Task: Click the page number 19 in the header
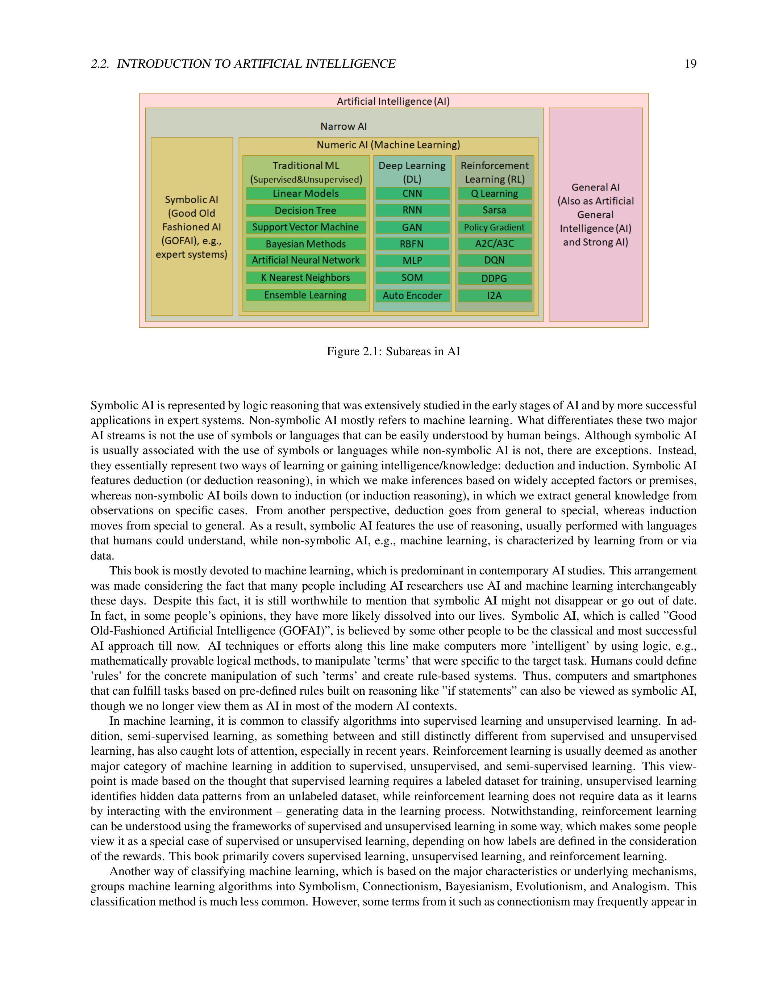[690, 64]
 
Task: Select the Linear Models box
[305, 193]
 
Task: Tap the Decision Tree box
[305, 210]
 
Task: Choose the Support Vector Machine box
[305, 227]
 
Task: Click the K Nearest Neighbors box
[305, 278]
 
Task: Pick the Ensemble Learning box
[305, 295]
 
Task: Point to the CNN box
[412, 193]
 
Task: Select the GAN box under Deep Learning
[412, 227]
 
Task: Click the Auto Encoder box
[412, 296]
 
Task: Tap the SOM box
[412, 278]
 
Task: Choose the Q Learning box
[495, 193]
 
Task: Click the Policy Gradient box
[495, 227]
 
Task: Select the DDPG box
[495, 278]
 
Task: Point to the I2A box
[495, 296]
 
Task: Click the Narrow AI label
[344, 126]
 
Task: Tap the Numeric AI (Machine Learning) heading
[388, 145]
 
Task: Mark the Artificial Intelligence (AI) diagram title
[393, 101]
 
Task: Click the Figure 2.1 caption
[393, 351]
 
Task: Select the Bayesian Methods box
[305, 244]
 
